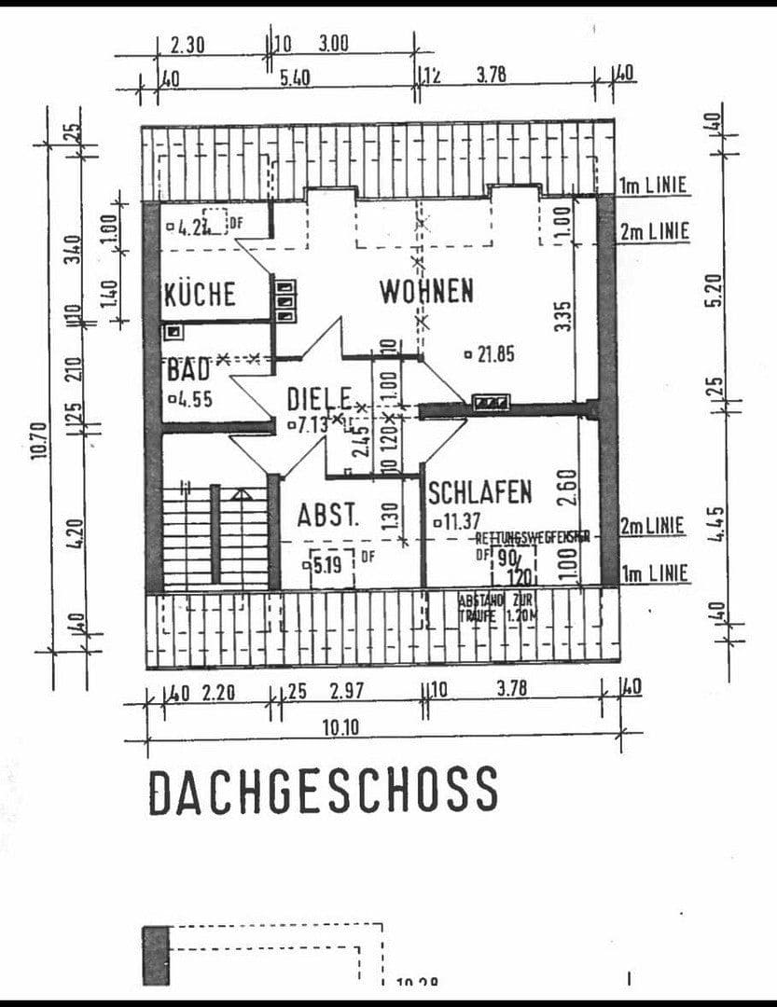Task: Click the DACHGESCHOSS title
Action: click(x=323, y=791)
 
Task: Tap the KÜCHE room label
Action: click(x=200, y=295)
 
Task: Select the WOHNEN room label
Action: click(x=425, y=291)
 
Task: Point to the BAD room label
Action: click(x=187, y=369)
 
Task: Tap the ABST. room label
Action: click(x=328, y=515)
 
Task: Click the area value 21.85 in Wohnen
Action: click(x=490, y=354)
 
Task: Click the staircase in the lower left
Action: click(x=215, y=535)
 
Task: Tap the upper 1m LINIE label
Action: click(x=653, y=186)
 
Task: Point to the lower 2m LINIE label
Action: click(x=652, y=527)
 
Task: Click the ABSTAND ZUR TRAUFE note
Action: click(x=495, y=608)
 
